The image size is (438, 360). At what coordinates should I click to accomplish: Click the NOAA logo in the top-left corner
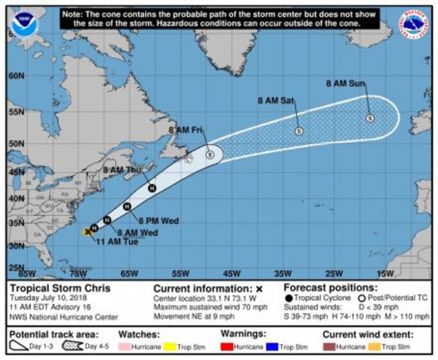[24, 24]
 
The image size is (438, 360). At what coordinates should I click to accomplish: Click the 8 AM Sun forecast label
[345, 84]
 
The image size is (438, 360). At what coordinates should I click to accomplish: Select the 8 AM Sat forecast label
[276, 100]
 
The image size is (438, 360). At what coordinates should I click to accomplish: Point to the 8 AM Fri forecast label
[184, 130]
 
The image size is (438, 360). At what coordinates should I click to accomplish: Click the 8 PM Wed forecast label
[158, 221]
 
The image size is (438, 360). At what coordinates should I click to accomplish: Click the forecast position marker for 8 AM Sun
[370, 118]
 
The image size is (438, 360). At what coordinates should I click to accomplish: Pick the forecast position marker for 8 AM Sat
[299, 131]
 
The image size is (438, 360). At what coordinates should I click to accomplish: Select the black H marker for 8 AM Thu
[152, 188]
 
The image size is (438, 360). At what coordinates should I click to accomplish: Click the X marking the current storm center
[88, 232]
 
